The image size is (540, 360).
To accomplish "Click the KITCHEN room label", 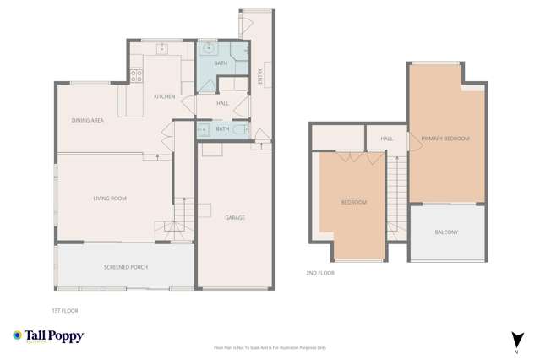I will click(165, 96).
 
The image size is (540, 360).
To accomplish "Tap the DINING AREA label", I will click(88, 121).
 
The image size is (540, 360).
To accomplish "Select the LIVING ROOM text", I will click(110, 199).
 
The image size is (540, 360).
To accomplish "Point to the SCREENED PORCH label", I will click(126, 267).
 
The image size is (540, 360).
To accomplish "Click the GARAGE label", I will click(235, 218).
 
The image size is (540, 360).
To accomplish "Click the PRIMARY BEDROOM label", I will click(445, 139).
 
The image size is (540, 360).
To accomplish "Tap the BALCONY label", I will click(446, 232).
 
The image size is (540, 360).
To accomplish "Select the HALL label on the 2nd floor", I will click(387, 139).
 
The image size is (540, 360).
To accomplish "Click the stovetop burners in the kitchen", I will click(136, 75).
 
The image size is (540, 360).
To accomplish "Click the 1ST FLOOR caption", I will click(65, 311).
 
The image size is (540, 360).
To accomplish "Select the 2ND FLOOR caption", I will click(320, 274).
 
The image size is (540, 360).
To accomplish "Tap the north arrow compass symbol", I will click(518, 341).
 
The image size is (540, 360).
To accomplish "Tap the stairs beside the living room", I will click(174, 218).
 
